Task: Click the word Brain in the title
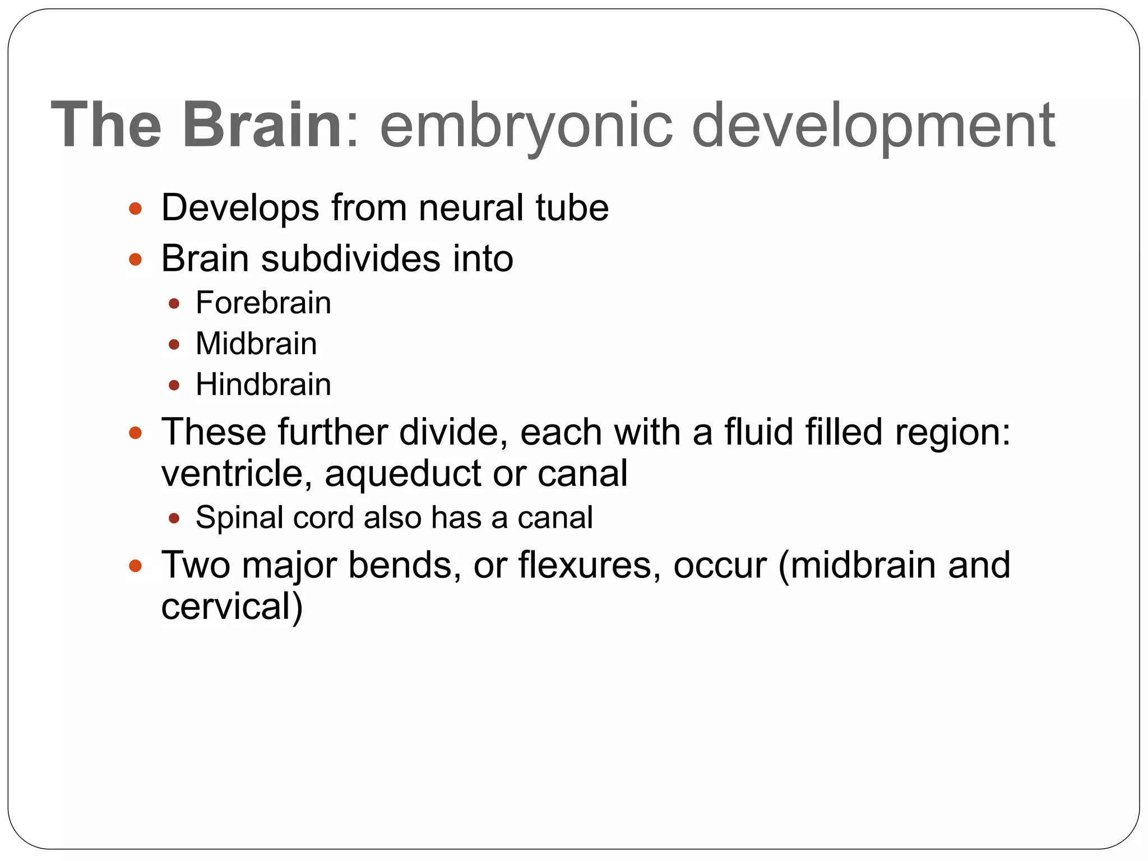click(262, 124)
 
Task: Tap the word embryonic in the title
click(526, 126)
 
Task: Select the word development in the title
click(873, 126)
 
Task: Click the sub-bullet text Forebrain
click(263, 303)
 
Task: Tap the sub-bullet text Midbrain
click(256, 344)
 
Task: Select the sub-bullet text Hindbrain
click(263, 385)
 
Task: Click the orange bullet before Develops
click(135, 209)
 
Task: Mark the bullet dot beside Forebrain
click(174, 304)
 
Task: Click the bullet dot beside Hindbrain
click(174, 385)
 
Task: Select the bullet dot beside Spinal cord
click(174, 518)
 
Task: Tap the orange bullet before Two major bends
click(135, 566)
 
